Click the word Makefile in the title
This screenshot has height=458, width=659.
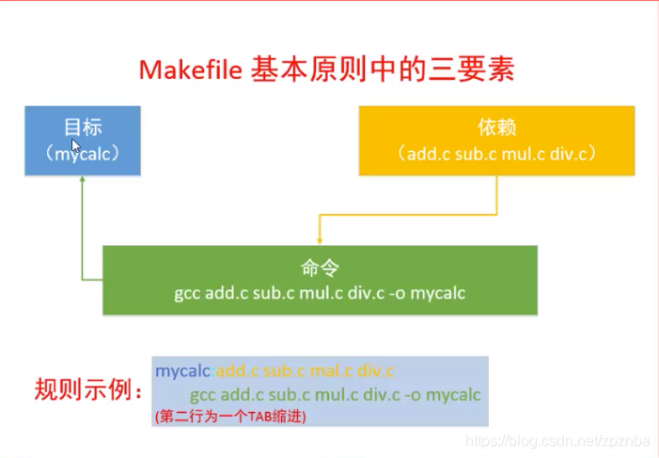point(192,69)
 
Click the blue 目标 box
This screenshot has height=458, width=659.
point(83,141)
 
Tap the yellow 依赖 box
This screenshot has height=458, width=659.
point(498,141)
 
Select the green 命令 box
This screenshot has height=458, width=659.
point(320,280)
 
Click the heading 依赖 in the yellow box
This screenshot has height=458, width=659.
point(498,129)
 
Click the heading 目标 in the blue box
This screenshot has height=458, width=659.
point(83,128)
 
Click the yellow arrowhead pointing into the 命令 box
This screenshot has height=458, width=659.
point(320,241)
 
